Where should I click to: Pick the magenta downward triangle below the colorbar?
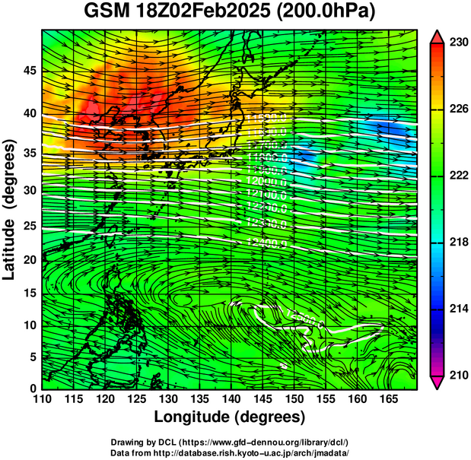pos(438,382)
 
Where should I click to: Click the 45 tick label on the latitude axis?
pos(29,71)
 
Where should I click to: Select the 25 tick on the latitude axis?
pos(29,225)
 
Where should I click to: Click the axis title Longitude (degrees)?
pos(230,417)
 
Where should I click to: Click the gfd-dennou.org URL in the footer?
pos(263,442)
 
